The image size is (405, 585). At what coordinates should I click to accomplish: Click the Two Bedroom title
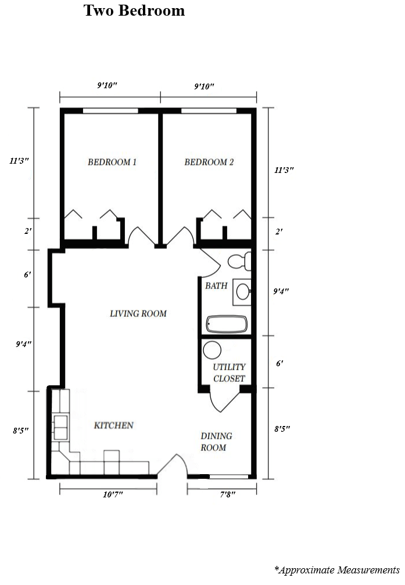(134, 10)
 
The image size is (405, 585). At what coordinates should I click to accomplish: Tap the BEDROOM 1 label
(112, 162)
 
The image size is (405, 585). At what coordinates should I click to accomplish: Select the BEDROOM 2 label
(209, 162)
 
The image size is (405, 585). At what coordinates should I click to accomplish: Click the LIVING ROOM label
(138, 313)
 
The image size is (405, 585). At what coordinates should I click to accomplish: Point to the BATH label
(216, 286)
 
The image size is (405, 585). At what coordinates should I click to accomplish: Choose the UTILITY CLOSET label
(229, 373)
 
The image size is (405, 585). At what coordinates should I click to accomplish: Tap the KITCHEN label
(114, 425)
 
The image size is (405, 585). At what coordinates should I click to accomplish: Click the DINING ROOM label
(216, 442)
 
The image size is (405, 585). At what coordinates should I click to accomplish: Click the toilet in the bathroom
(239, 261)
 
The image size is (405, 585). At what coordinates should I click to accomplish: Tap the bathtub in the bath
(227, 324)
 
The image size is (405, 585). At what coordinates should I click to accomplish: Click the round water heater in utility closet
(212, 351)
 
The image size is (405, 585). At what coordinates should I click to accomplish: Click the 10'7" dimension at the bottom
(108, 494)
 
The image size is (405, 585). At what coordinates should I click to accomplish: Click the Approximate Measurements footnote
(337, 570)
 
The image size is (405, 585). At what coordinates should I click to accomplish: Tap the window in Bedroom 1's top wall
(110, 111)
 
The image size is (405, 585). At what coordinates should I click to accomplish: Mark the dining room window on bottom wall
(228, 476)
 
